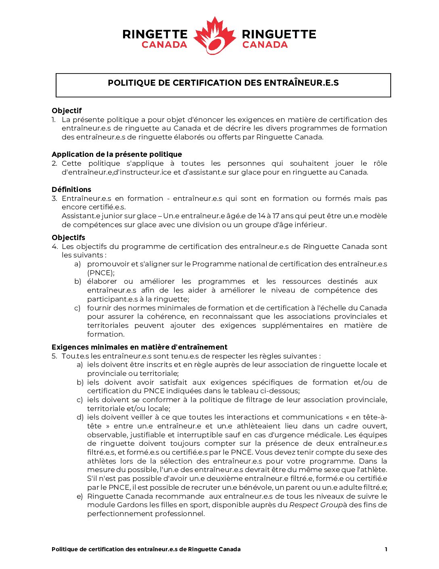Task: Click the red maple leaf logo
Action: (x=214, y=36)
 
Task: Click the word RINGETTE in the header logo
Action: (x=155, y=34)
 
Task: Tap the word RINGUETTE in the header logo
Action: (x=279, y=34)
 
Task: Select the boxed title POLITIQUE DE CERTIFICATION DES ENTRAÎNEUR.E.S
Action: (x=223, y=83)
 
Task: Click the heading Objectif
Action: (x=67, y=111)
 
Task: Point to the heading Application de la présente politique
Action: (x=117, y=154)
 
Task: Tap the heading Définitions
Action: (x=71, y=190)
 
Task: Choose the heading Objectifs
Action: (x=68, y=238)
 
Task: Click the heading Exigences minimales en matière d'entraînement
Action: (x=139, y=347)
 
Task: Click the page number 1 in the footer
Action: (x=386, y=549)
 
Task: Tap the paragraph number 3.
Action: (x=54, y=198)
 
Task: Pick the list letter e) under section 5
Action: (x=79, y=496)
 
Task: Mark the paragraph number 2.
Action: (x=54, y=163)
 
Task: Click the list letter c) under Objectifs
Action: (x=77, y=308)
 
